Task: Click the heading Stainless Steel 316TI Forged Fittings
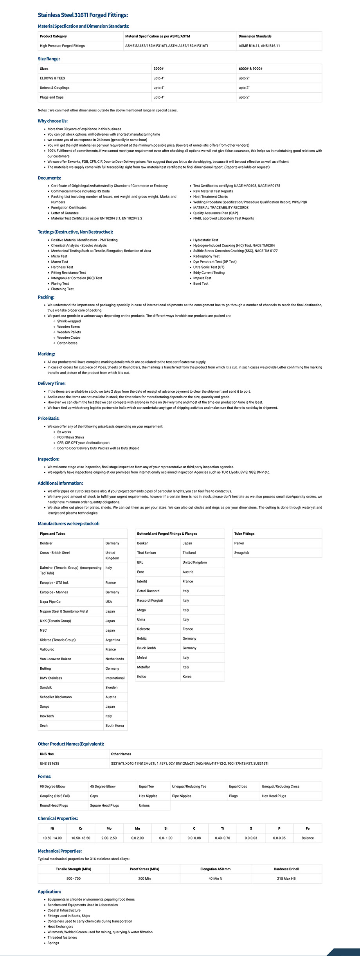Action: pos(83,15)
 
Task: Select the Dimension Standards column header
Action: pos(255,36)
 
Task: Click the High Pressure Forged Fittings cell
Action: pos(62,46)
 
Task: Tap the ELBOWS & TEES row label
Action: pos(52,78)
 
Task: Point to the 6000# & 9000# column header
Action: pos(250,69)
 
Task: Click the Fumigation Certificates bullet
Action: pos(69,208)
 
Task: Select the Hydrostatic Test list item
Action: pos(205,240)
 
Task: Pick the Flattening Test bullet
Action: pos(62,289)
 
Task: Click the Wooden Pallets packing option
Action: pos(69,332)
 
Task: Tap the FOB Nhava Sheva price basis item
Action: pos(70,437)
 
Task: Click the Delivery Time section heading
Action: pos(52,383)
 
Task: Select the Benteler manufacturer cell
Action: pos(46,543)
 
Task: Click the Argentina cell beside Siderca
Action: pos(113,640)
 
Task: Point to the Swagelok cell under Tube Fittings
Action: pos(241,553)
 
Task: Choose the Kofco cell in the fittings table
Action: pos(142,676)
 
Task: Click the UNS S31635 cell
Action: pos(49,763)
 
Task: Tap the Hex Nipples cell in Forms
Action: pos(148,796)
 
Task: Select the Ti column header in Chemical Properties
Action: pos(223,828)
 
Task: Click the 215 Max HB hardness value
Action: pos(286,878)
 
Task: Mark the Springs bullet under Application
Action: pos(53,943)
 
